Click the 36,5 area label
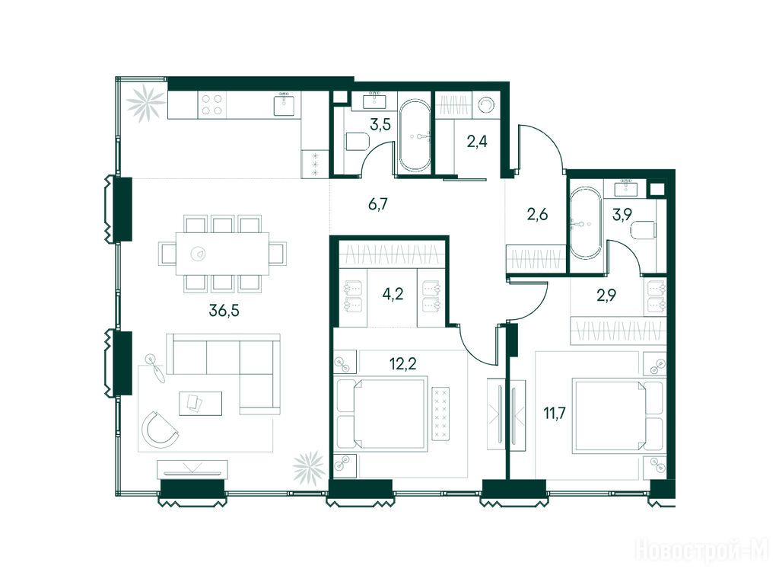(224, 311)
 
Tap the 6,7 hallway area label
(377, 204)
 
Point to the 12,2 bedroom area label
(403, 364)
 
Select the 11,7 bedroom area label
(555, 413)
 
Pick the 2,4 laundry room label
(477, 142)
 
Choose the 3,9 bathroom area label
(622, 215)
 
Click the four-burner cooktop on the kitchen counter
(212, 105)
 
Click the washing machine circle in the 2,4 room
(485, 105)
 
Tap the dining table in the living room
(223, 254)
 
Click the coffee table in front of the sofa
(200, 403)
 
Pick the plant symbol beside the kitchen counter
(145, 104)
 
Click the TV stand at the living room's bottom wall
(192, 469)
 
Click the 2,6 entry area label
(537, 215)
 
